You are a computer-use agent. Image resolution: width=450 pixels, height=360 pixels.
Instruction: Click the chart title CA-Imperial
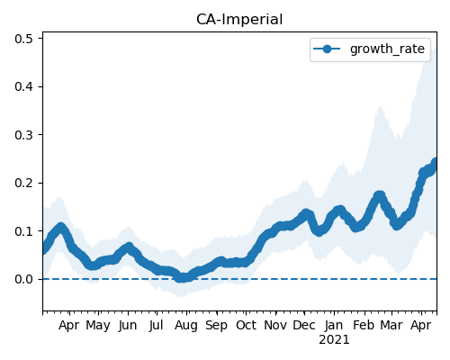pos(239,20)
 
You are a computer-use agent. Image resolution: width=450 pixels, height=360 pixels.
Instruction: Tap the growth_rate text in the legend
pos(387,49)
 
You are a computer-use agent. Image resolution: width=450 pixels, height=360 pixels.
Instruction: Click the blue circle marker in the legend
pos(327,49)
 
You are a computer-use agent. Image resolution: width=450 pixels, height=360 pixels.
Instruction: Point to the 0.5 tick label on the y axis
pos(23,39)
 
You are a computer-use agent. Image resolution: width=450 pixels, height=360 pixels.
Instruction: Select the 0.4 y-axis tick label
pos(23,86)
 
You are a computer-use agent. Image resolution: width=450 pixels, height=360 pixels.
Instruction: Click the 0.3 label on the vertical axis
pos(23,135)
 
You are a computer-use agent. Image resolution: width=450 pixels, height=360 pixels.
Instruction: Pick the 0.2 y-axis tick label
pos(23,183)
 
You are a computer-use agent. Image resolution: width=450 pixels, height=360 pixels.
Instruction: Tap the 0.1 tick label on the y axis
pos(23,231)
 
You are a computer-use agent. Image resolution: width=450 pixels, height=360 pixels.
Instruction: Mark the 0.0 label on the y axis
pos(23,279)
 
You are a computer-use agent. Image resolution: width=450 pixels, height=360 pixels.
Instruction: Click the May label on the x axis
pos(98,326)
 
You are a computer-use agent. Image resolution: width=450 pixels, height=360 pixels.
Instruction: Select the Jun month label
pos(128,326)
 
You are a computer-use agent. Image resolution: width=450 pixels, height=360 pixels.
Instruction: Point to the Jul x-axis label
pos(157,326)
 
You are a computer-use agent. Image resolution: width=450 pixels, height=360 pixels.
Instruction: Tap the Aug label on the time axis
pos(186,326)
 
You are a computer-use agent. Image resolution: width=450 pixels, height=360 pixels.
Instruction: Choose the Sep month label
pos(216,326)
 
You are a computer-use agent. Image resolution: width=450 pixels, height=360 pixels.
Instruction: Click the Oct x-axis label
pos(246,326)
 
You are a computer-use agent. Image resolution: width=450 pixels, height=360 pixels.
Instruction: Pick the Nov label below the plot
pos(275,326)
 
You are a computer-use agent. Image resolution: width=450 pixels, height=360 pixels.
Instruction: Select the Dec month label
pos(304,326)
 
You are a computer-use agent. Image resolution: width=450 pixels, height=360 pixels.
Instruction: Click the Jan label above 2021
pos(334,326)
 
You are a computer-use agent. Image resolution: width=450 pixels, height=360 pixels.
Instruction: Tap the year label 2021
pos(334,340)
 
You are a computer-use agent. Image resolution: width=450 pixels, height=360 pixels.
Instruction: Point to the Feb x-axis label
pos(364,326)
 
